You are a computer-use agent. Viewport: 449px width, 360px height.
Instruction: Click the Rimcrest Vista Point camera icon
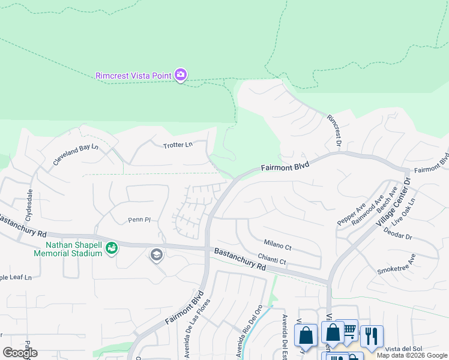pos(181,75)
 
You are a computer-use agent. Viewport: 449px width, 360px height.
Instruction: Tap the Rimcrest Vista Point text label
pos(133,76)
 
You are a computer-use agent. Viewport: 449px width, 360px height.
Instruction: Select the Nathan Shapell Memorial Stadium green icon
pos(111,248)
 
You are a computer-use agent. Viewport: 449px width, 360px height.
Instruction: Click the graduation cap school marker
pos(156,256)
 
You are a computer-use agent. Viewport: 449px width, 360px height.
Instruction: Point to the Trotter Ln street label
pos(178,145)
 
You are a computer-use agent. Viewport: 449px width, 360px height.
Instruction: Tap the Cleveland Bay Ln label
pos(75,155)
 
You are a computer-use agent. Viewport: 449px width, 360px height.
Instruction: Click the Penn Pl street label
pos(139,220)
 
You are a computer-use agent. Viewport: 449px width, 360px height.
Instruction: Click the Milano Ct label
pos(277,245)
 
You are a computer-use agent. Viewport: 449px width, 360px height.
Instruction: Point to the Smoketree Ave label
pos(396,265)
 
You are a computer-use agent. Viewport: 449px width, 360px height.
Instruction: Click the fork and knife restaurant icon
pos(372,336)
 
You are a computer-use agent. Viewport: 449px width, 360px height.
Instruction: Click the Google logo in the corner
pos(20,353)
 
